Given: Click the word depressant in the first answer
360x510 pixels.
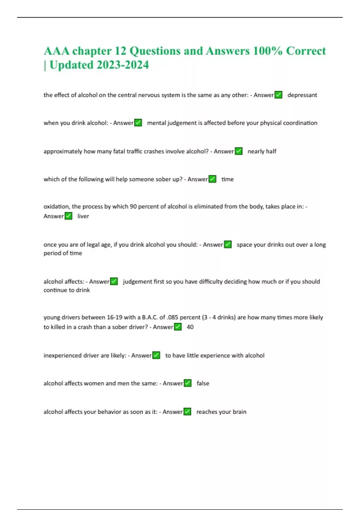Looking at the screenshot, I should [x=302, y=95].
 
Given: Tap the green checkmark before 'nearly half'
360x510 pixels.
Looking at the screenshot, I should [x=238, y=151].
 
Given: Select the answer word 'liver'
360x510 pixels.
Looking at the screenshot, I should [x=83, y=216].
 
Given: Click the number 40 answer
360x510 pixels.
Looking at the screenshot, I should [x=190, y=327].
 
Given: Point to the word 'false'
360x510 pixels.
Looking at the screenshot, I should [x=203, y=383].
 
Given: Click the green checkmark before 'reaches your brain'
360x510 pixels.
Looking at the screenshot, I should [x=187, y=412].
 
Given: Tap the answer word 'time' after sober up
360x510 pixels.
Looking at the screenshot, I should [x=227, y=179].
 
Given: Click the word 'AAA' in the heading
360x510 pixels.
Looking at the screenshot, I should [x=56, y=51].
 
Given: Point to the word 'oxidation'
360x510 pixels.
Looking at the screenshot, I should [x=56, y=206].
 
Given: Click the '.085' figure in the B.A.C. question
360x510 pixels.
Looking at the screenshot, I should [x=173, y=317].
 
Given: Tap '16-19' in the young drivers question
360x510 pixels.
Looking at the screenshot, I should [x=114, y=317].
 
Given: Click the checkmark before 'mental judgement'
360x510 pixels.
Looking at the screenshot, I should [x=138, y=123].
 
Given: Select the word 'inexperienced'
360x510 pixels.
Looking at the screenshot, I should [x=62, y=355].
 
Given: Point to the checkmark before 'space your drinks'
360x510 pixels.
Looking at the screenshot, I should [x=228, y=244].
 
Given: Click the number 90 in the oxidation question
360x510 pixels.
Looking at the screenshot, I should [x=133, y=206].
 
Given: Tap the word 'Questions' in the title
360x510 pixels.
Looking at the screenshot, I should [x=154, y=51].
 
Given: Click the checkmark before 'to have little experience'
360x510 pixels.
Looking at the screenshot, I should [x=156, y=355].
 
